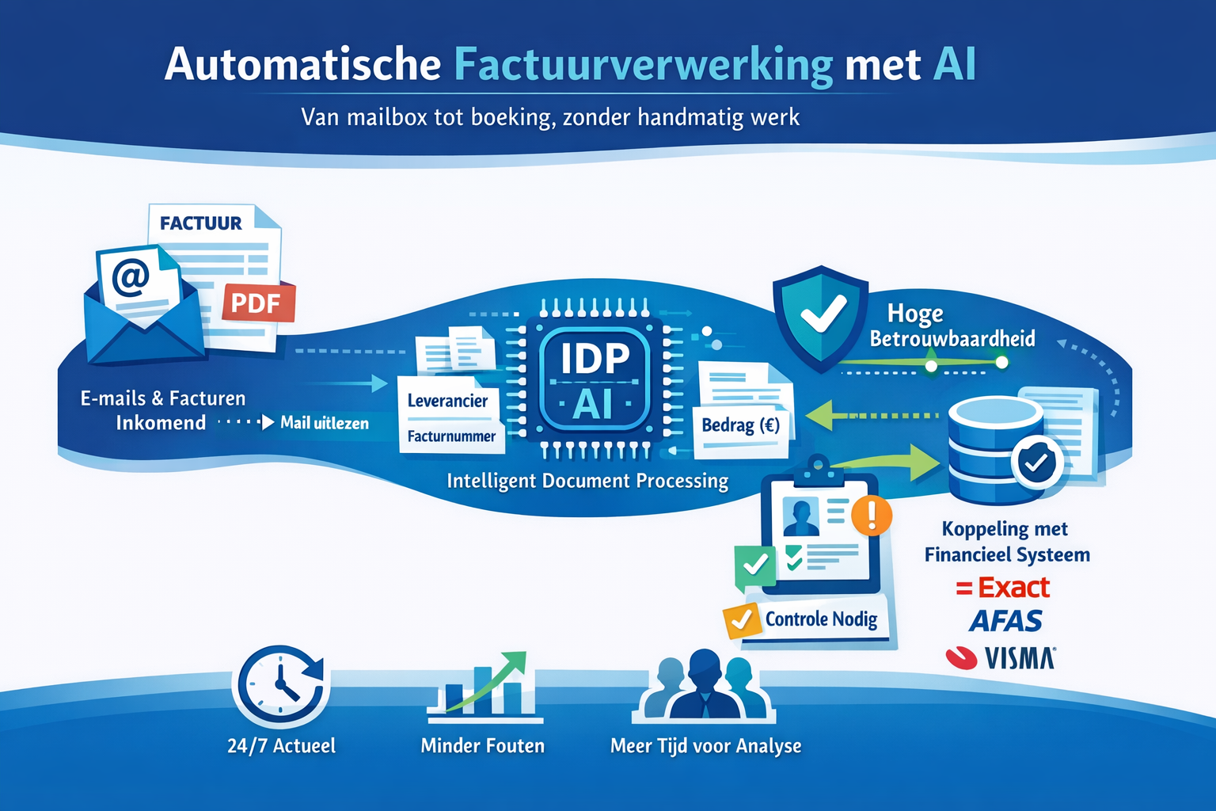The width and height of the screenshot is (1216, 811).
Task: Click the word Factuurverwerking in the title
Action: pos(643,65)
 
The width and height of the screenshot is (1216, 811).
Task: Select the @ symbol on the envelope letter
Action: pos(131,278)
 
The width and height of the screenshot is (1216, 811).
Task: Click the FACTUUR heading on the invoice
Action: pos(200,223)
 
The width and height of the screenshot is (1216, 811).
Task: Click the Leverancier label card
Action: pos(448,401)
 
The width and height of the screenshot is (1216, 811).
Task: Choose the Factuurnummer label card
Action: pos(451,436)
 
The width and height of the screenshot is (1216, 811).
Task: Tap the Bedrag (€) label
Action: pos(740,425)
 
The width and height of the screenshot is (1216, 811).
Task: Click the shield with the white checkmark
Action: pos(821,317)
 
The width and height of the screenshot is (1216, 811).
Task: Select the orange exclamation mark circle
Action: pos(872,515)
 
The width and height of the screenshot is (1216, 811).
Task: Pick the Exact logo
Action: pos(1003,588)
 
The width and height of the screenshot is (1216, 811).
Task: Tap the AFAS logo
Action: pos(1005,621)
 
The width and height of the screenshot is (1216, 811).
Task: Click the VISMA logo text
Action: pos(1020,658)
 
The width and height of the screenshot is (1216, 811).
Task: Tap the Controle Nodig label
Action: pos(821,619)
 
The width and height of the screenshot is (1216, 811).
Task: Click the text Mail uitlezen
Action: pos(325,423)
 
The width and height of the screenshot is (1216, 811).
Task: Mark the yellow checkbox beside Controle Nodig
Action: pos(741,621)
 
